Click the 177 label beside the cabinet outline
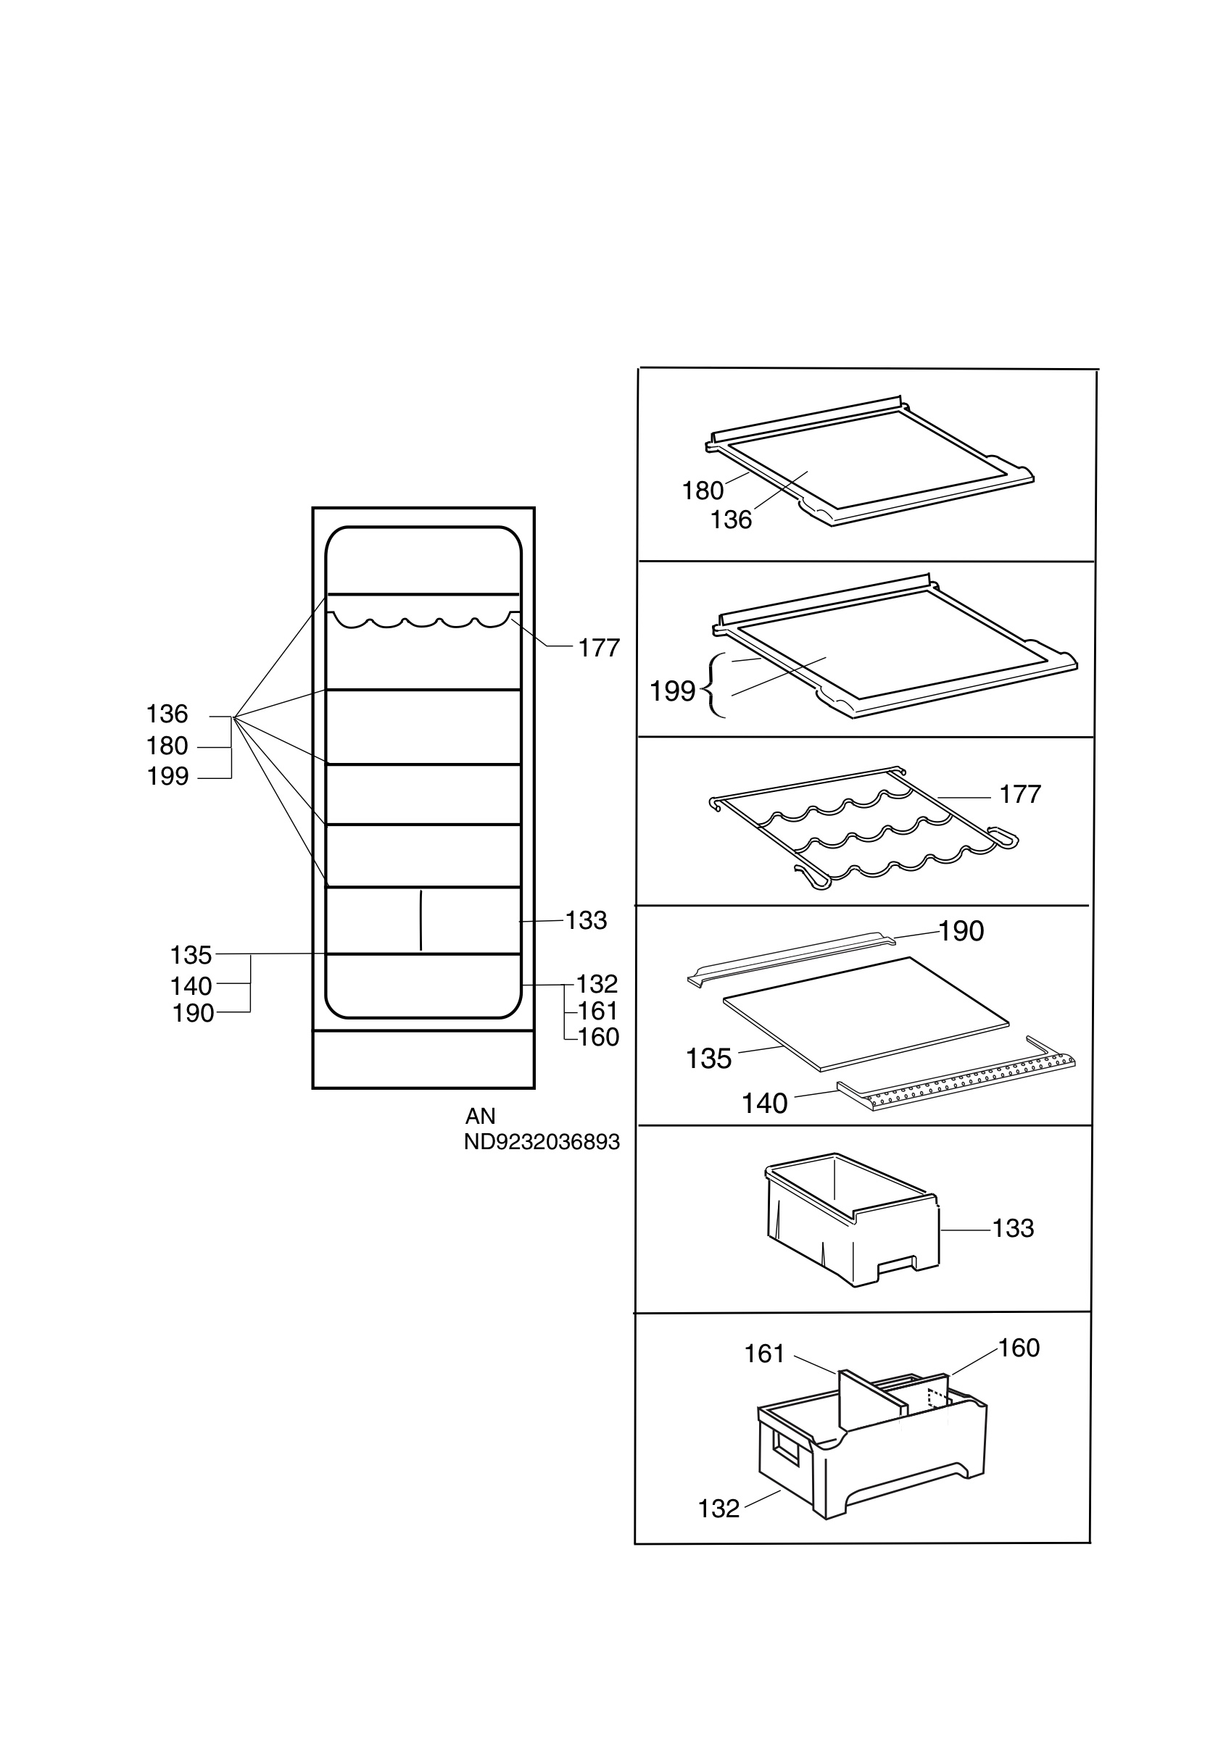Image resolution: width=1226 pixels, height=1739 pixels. [599, 648]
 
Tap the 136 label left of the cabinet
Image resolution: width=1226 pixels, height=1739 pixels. [167, 714]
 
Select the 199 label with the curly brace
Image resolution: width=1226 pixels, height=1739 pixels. [672, 691]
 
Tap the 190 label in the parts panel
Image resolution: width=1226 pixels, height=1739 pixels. [961, 931]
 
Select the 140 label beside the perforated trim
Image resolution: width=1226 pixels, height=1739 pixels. [765, 1104]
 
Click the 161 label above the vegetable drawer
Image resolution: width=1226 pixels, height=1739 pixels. [765, 1354]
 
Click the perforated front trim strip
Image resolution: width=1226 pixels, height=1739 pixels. [956, 1072]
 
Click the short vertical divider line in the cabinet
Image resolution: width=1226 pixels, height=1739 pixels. [421, 920]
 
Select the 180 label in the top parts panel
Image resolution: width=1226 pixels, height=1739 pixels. [703, 491]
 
